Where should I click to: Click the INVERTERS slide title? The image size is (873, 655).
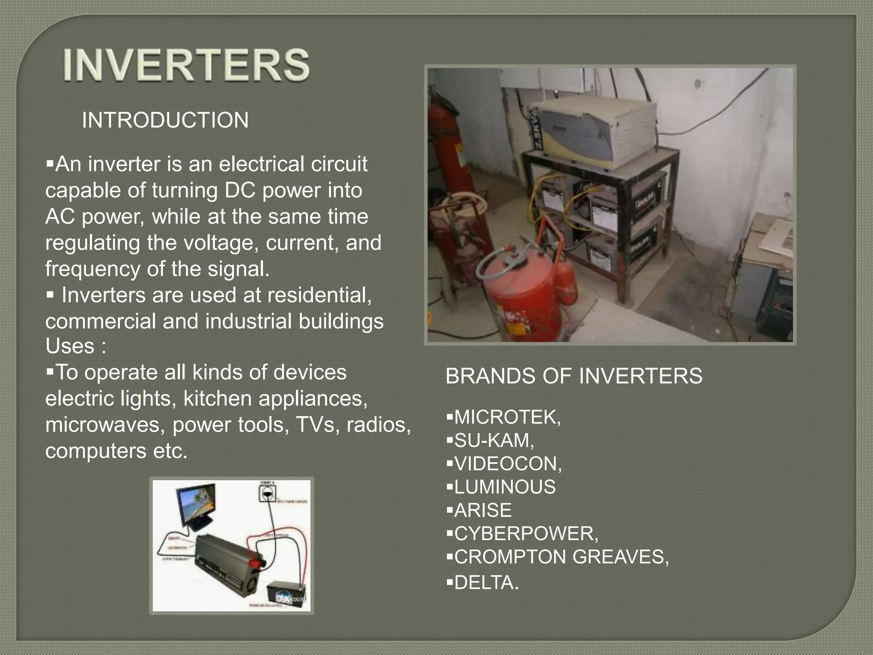point(186,65)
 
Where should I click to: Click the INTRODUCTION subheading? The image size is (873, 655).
point(165,120)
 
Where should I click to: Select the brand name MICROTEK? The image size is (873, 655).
point(507,417)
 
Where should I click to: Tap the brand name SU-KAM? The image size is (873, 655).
point(494,441)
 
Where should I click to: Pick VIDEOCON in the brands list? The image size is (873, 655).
point(508,464)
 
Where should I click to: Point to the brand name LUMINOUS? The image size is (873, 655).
point(505,487)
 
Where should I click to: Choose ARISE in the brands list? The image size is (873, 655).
point(483,510)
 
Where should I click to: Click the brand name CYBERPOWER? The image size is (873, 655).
point(526,534)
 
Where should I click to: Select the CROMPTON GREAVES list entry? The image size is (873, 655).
point(561,557)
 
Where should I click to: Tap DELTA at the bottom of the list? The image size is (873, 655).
point(486,583)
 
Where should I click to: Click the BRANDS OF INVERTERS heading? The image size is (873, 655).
point(573,376)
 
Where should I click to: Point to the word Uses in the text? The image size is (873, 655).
point(69,346)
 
